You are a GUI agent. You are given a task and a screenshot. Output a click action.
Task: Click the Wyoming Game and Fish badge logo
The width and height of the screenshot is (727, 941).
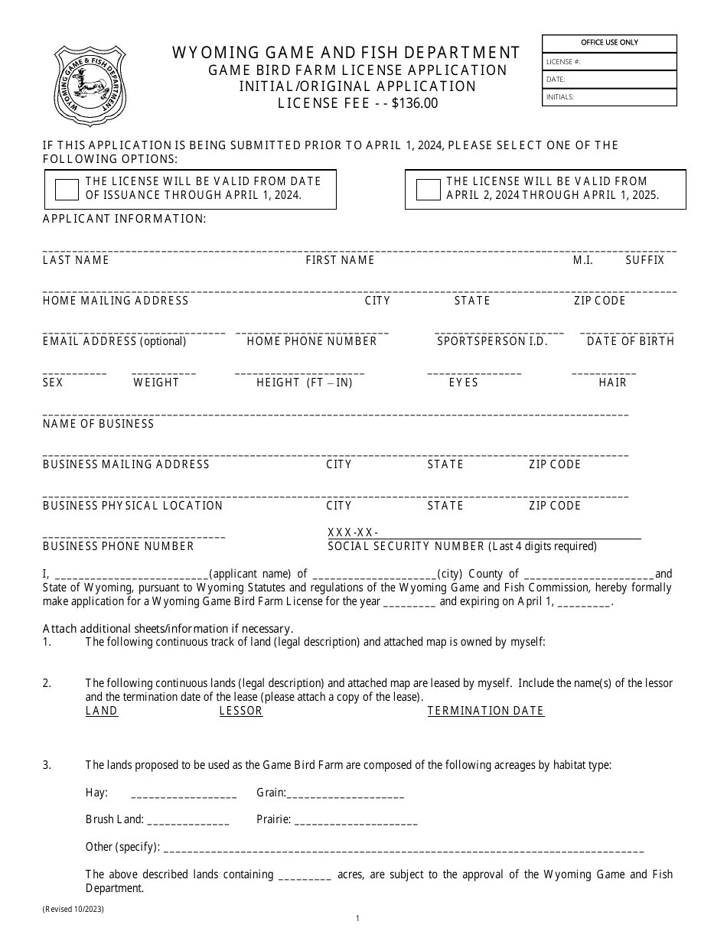point(90,85)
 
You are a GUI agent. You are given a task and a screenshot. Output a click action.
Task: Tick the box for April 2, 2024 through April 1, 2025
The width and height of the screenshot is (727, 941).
point(428,190)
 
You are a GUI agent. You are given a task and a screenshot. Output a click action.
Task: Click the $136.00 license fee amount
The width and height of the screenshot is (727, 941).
point(414,103)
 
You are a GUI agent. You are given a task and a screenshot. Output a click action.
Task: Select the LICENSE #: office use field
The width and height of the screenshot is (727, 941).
point(609,62)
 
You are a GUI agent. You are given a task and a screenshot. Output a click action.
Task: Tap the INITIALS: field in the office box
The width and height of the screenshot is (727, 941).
point(609,97)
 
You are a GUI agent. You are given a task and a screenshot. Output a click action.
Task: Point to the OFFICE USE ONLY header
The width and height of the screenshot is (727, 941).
point(609,43)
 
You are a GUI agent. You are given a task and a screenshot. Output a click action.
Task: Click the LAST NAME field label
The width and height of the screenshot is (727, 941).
point(76,260)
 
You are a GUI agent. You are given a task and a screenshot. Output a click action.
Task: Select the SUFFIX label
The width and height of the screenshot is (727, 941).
point(644,260)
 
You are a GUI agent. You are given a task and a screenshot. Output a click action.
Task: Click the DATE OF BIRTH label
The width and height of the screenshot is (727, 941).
point(631,341)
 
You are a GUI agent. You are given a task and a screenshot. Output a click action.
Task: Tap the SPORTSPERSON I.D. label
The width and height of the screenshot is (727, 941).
point(492,341)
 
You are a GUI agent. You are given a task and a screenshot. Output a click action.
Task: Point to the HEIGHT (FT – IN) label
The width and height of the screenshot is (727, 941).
point(305,383)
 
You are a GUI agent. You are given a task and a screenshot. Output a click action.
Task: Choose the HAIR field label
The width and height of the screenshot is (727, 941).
point(612,383)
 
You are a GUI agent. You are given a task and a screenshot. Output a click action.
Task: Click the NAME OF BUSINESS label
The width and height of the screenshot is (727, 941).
point(98,424)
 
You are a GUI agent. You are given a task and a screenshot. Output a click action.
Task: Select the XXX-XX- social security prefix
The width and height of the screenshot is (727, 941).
point(353,532)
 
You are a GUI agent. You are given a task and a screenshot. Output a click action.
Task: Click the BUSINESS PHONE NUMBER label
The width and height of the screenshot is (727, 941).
point(118,546)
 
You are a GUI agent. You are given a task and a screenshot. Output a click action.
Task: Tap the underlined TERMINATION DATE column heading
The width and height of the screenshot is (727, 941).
point(485,711)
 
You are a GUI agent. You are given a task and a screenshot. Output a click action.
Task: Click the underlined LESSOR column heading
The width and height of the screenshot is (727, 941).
point(240,711)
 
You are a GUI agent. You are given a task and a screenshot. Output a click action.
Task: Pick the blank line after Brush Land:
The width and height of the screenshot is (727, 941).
point(187,821)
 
